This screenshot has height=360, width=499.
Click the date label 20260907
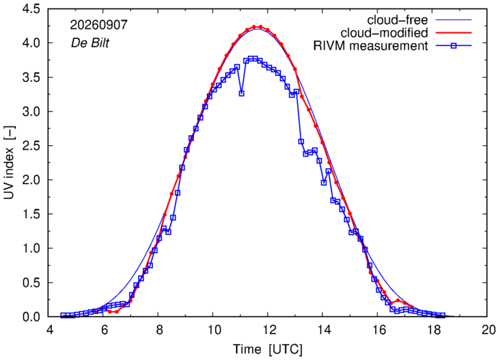click(99, 25)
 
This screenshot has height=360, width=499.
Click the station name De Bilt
click(90, 42)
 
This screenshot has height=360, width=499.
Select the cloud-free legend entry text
click(398, 19)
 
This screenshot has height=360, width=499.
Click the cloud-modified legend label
click(384, 33)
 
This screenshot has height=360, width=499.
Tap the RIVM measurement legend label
click(370, 46)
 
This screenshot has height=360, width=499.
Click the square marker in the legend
click(454, 46)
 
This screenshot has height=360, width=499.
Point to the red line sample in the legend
click(454, 33)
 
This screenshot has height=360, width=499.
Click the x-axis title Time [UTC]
click(267, 349)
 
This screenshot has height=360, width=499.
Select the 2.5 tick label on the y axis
click(31, 146)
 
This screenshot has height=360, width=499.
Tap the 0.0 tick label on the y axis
click(31, 317)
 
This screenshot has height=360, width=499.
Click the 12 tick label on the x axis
click(267, 330)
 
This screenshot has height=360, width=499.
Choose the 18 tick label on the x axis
click(432, 330)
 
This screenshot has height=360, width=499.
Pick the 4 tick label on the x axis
click(50, 330)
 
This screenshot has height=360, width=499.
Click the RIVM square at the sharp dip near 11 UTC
click(242, 93)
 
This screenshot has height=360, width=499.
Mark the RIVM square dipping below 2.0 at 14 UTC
click(324, 183)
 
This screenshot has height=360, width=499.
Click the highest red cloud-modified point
click(254, 27)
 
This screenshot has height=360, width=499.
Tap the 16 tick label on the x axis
click(377, 330)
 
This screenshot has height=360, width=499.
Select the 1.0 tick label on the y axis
click(31, 249)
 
